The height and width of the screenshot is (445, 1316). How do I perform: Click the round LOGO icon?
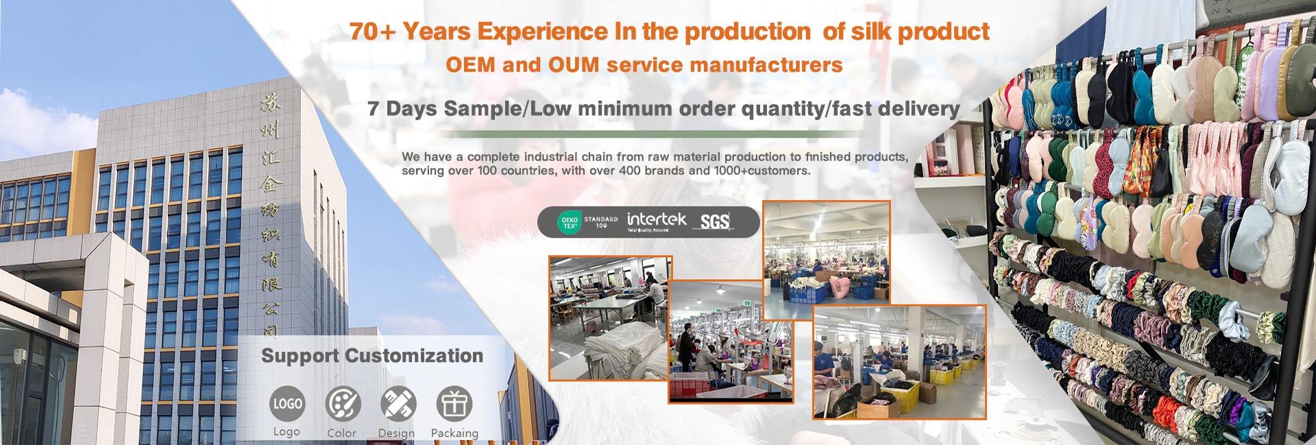(287, 404)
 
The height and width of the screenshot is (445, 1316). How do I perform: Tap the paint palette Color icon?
(343, 404)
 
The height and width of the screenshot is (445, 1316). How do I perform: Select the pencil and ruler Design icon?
(398, 404)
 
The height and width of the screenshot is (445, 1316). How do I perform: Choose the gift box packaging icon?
(454, 404)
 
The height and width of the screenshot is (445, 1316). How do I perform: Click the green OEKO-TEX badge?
(569, 222)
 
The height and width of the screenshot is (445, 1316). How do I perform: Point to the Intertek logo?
(657, 221)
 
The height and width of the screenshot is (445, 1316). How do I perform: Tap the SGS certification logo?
(714, 221)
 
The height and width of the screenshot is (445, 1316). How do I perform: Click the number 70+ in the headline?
(372, 32)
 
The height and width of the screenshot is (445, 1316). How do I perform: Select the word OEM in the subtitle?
(470, 65)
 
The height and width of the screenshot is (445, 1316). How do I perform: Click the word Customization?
(413, 356)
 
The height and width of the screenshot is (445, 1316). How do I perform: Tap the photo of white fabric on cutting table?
(610, 317)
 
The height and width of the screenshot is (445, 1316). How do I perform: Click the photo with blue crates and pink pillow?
(827, 261)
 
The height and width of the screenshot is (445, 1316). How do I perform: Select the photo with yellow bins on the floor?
(899, 362)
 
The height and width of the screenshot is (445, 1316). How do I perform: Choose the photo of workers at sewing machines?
(731, 341)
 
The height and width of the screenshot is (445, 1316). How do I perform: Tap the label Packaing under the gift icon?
(454, 433)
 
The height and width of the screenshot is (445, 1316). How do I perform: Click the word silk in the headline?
(890, 32)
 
